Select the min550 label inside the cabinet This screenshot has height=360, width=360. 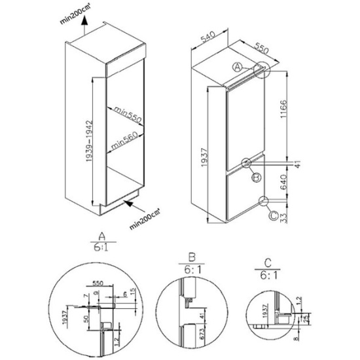pyautogui.click(x=124, y=117)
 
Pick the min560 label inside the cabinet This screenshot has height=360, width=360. pyautogui.click(x=124, y=140)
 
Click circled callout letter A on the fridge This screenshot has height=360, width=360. pyautogui.click(x=239, y=65)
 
